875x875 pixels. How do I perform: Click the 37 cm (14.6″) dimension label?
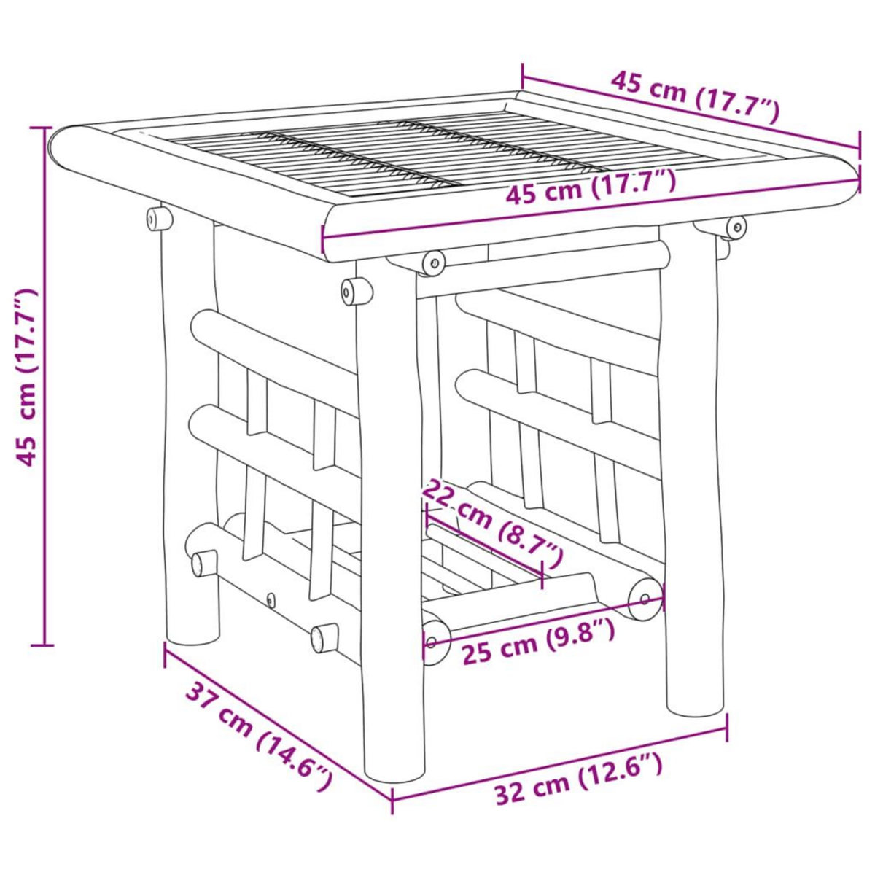[x=260, y=736]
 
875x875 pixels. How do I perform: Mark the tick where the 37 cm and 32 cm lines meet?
[x=392, y=799]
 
